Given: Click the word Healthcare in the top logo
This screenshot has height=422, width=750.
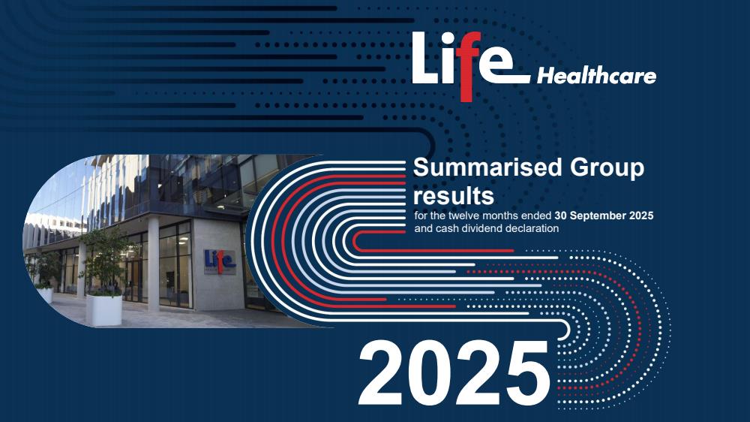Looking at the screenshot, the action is [x=596, y=76].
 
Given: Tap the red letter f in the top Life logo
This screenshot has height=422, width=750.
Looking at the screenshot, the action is [x=466, y=66].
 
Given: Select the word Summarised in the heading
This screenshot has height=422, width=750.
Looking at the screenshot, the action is [x=487, y=167].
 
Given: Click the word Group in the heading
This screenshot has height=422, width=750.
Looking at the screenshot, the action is [x=607, y=169].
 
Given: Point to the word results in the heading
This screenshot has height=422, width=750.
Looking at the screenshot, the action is [x=454, y=197].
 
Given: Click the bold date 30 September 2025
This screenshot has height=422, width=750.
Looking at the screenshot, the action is [x=604, y=216].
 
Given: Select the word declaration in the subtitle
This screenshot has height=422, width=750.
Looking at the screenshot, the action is [x=531, y=228].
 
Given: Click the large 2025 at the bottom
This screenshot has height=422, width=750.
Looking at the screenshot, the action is [x=454, y=374].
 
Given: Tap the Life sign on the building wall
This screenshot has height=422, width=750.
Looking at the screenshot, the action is [x=220, y=261].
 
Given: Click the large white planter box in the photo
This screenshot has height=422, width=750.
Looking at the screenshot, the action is [x=103, y=310].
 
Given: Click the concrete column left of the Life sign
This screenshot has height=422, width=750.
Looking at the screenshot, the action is [x=153, y=264].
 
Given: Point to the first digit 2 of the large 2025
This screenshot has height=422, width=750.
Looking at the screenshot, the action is [x=381, y=374].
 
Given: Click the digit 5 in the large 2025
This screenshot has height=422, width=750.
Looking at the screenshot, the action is [x=526, y=374].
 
